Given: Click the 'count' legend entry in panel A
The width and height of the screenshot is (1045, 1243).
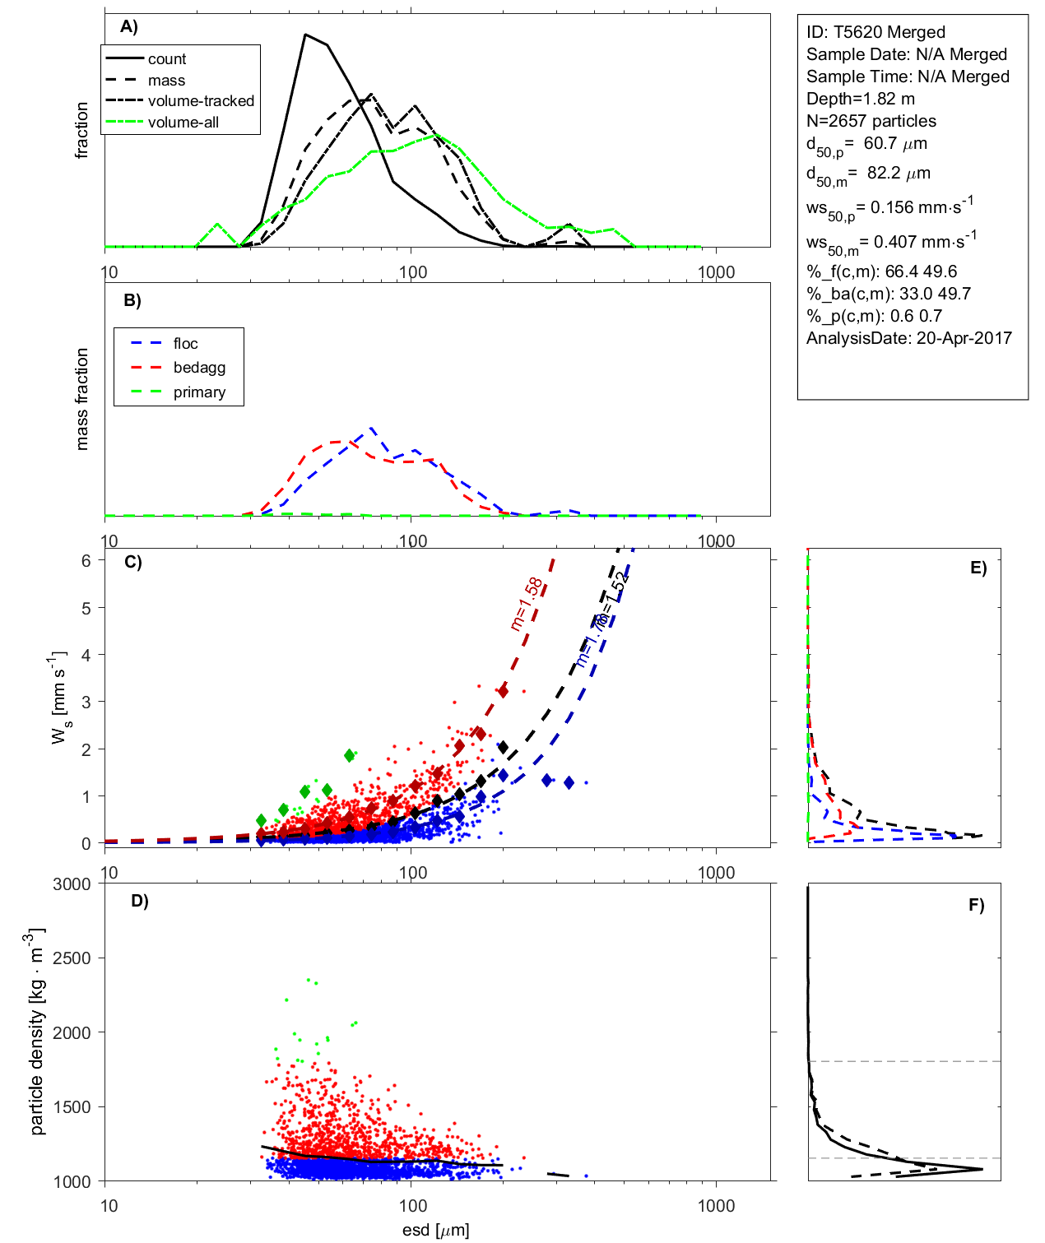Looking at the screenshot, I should pos(167,59).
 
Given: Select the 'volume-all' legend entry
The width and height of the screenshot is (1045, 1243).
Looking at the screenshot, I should pos(183,123).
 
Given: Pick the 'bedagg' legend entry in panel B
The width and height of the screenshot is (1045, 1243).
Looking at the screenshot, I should pos(199,368).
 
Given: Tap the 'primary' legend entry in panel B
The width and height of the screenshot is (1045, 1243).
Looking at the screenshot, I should pos(199,392).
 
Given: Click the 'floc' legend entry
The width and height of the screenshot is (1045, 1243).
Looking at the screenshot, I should pos(185,344).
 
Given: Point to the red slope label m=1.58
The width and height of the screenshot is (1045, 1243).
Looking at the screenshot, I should pos(527,604).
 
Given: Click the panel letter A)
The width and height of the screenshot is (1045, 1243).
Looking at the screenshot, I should pos(129,26).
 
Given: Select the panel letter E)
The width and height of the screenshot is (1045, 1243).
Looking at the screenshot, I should pos(978,568).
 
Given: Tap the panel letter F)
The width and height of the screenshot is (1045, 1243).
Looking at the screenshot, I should pos(977,905).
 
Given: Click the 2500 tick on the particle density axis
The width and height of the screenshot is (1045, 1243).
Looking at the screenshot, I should pos(72,958).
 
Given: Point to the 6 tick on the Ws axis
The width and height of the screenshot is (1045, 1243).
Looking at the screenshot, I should pos(86,560).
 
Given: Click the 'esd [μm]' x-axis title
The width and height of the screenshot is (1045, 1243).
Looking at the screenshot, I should pos(436,1230).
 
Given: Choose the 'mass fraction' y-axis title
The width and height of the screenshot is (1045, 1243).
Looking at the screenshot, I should pos(81,399).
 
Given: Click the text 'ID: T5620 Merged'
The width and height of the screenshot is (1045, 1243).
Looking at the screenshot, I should pos(875,32).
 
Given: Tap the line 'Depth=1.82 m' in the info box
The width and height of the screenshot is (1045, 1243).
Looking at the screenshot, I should pos(860,99).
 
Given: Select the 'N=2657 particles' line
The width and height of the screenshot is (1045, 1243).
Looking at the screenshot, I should pos(871,121).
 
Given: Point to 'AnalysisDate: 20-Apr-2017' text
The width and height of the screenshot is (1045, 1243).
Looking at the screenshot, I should pos(908,338).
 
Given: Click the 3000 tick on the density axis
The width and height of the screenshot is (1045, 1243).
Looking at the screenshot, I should pos(72,884).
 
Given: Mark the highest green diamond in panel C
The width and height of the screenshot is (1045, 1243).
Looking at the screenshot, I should pos(350,755).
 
